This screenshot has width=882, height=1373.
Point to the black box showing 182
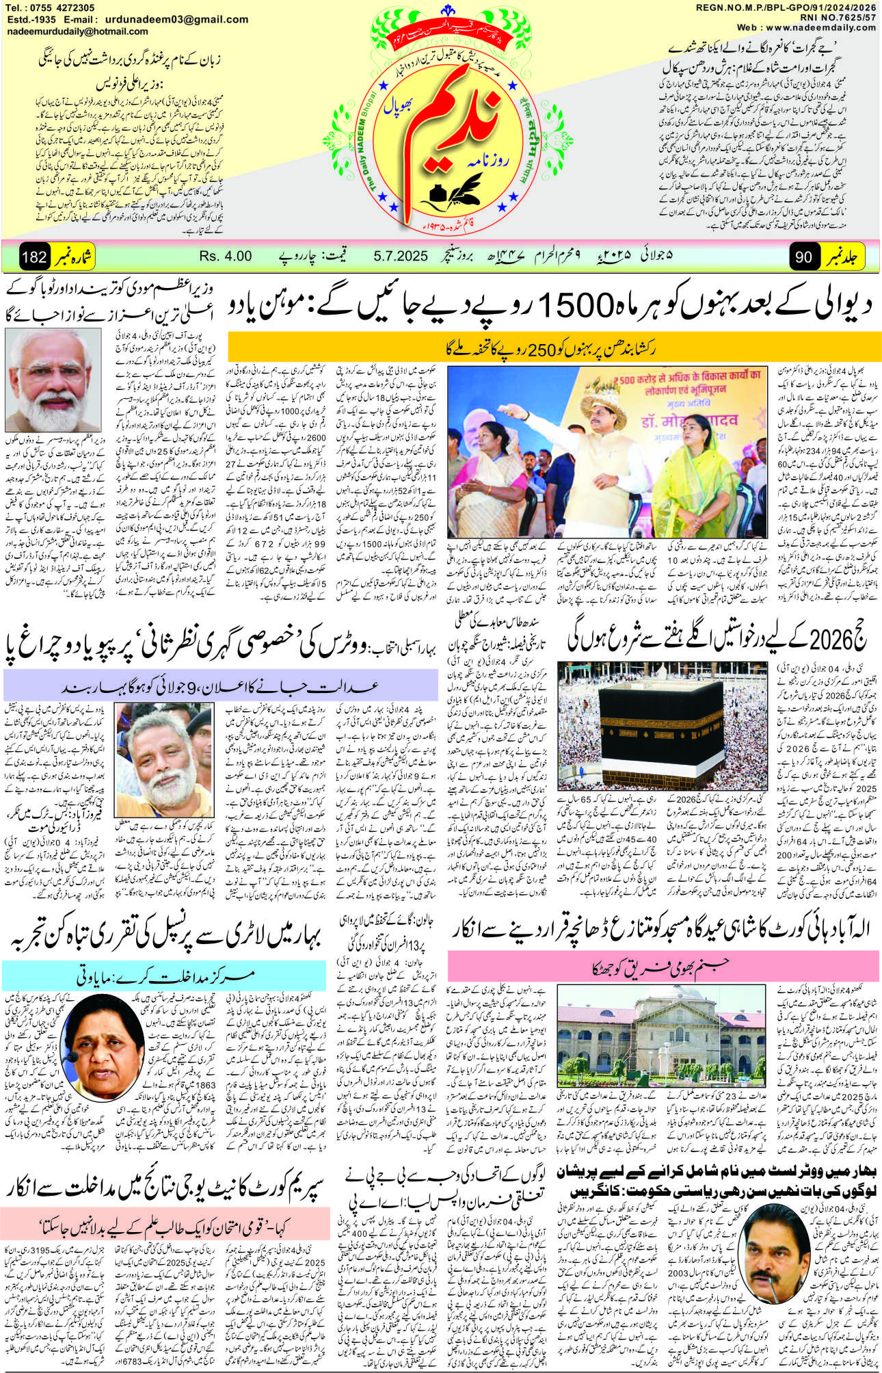(x=34, y=257)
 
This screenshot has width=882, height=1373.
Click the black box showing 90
(x=804, y=257)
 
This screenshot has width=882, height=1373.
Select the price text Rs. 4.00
(x=226, y=257)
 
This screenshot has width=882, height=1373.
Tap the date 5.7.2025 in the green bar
(x=401, y=257)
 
